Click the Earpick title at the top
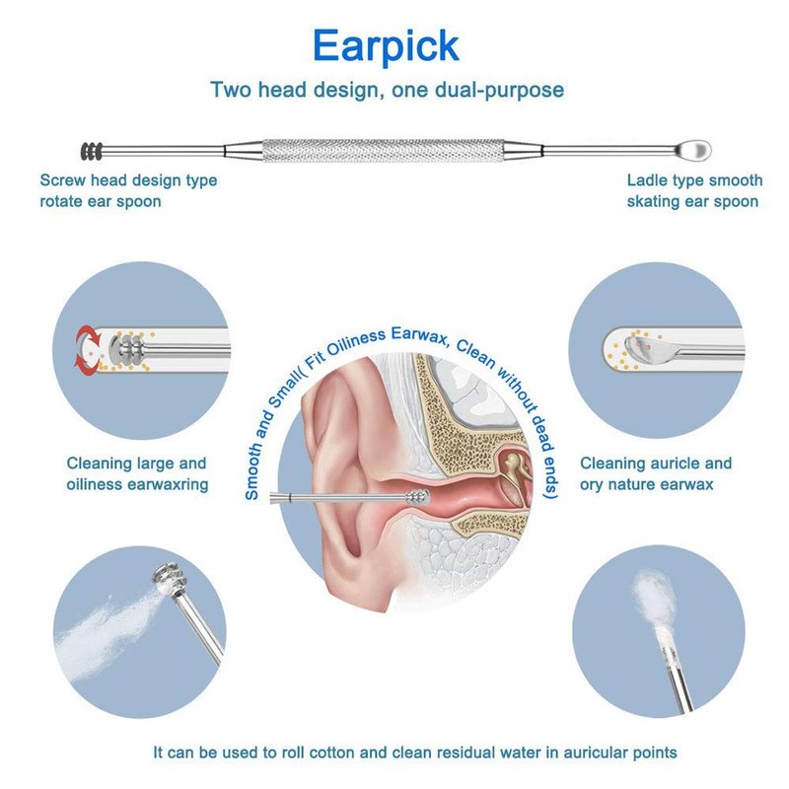[x=386, y=46]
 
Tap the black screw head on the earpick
[x=92, y=151]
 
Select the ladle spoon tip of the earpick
[x=693, y=150]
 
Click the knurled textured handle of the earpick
[x=384, y=151]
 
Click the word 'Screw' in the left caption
[x=63, y=180]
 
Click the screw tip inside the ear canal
[x=418, y=497]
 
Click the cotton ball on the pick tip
[x=653, y=598]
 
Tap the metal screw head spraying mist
[x=171, y=580]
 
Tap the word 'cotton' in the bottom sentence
[x=332, y=753]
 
